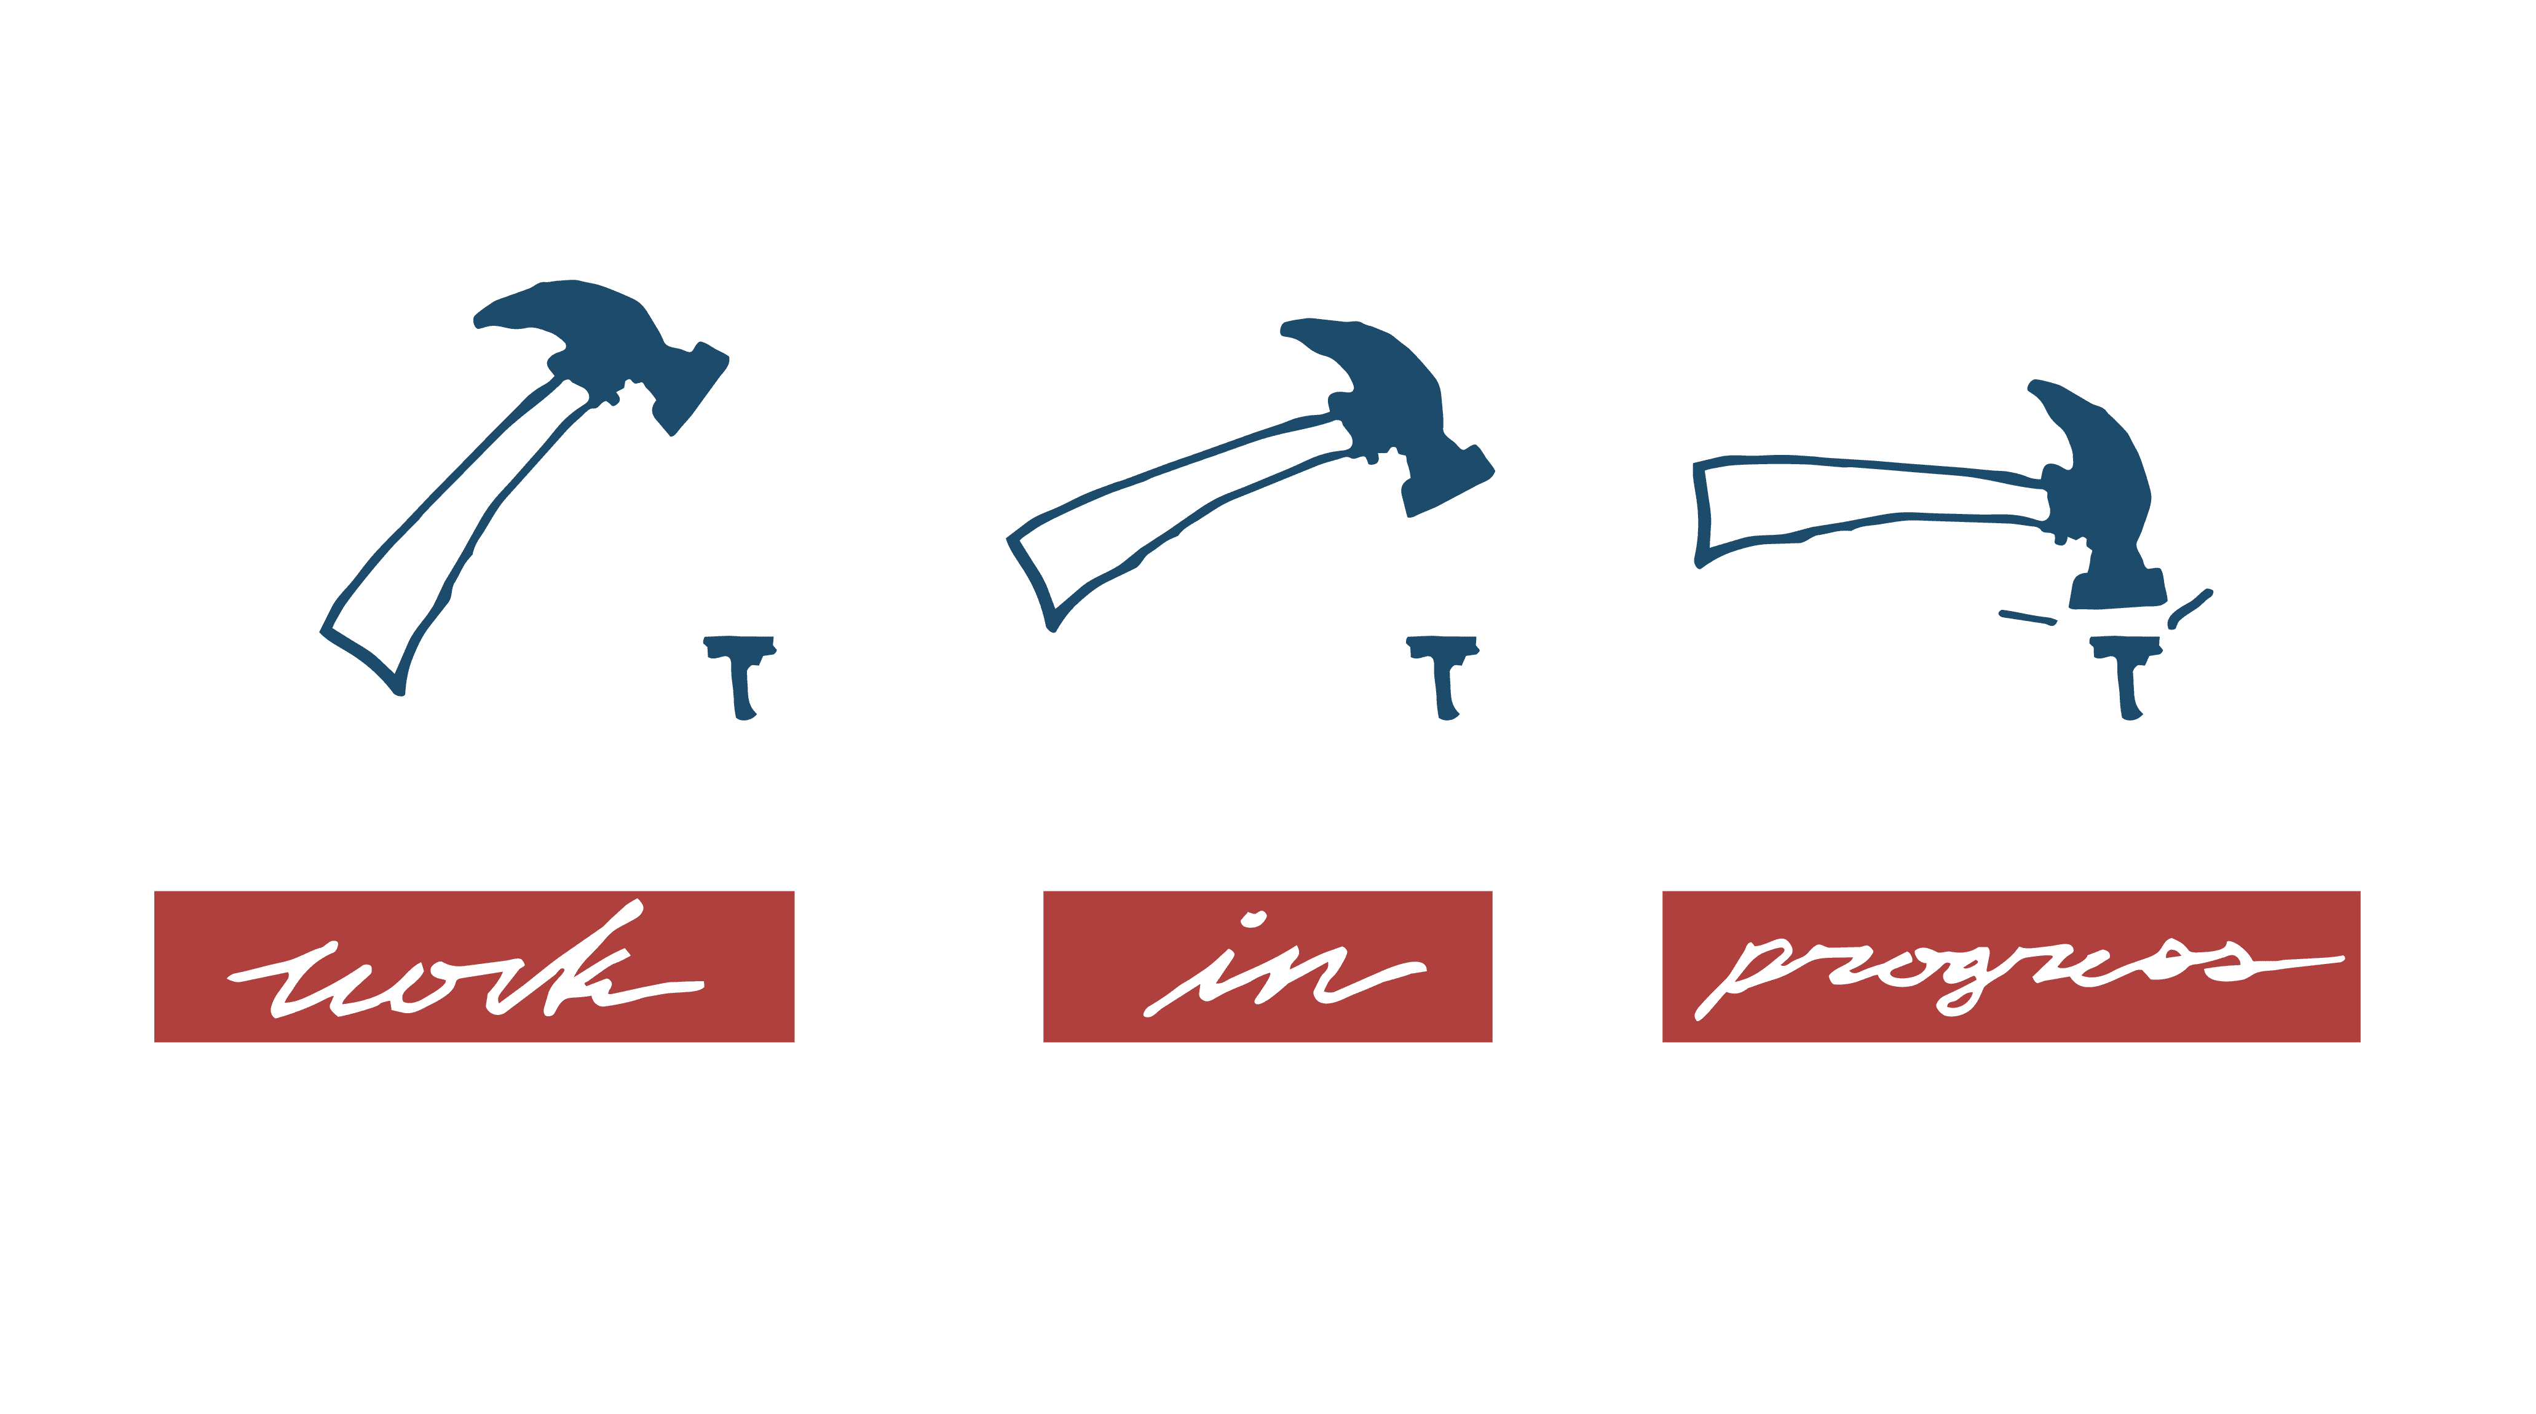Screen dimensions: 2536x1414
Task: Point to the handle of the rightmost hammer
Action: [1871, 502]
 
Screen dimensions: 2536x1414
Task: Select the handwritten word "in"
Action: [1270, 975]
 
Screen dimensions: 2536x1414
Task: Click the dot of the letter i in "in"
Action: [1253, 921]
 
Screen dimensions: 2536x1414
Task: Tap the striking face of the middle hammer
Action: [1447, 492]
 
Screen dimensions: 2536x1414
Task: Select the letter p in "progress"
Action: [1742, 975]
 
